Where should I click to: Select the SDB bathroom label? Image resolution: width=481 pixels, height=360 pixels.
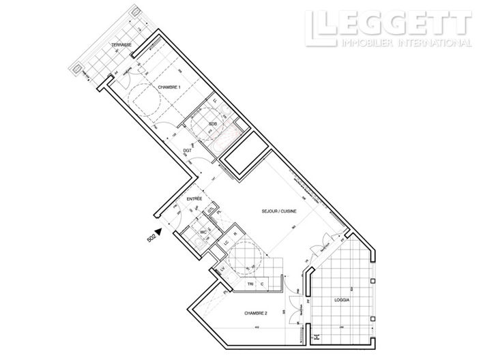pyautogui.click(x=213, y=123)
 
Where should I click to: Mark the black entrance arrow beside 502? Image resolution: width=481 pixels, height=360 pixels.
pyautogui.click(x=158, y=232)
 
